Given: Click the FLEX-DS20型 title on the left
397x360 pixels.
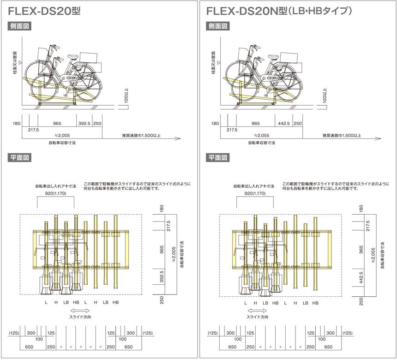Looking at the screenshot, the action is (44, 12).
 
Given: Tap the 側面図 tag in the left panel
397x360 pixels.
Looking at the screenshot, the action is (19, 26).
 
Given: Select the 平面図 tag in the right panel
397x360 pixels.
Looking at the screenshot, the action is (218, 158).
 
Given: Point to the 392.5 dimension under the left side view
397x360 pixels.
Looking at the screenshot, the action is (84, 124).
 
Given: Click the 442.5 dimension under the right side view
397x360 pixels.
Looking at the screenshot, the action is (283, 124).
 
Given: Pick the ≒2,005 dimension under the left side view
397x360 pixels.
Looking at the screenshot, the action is (62, 135).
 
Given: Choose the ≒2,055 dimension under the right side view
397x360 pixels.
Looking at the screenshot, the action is (262, 135).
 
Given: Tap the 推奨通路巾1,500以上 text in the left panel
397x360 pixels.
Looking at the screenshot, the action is (141, 135).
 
